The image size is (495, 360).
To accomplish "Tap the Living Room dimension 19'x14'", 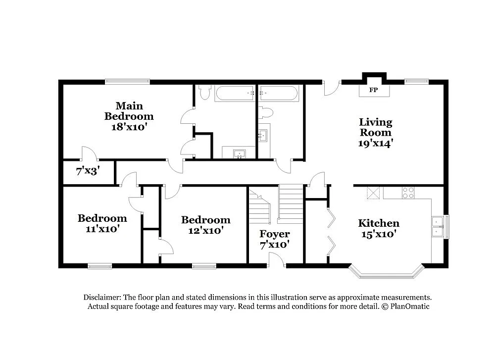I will click(375, 144).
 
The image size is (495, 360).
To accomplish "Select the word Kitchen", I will click(379, 223).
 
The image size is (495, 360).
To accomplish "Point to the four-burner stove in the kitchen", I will click(408, 193).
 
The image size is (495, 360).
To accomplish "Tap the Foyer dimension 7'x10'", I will click(275, 244).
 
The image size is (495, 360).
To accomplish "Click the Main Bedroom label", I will click(129, 111).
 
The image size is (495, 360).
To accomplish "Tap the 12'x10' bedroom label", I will click(205, 230).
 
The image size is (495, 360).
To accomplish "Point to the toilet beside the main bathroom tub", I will click(204, 92).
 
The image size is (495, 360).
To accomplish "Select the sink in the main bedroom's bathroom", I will click(239, 153).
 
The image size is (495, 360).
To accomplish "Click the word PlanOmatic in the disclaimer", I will click(410, 307).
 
